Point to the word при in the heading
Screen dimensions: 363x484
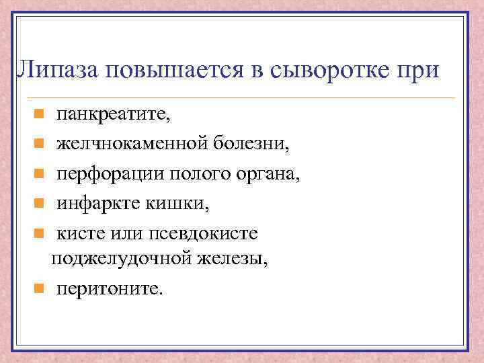point(417,69)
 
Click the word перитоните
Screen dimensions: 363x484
point(109,288)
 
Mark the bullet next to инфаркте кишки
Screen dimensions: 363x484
point(40,202)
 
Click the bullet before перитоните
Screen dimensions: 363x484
point(40,289)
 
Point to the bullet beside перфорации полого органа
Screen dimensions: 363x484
point(40,173)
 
